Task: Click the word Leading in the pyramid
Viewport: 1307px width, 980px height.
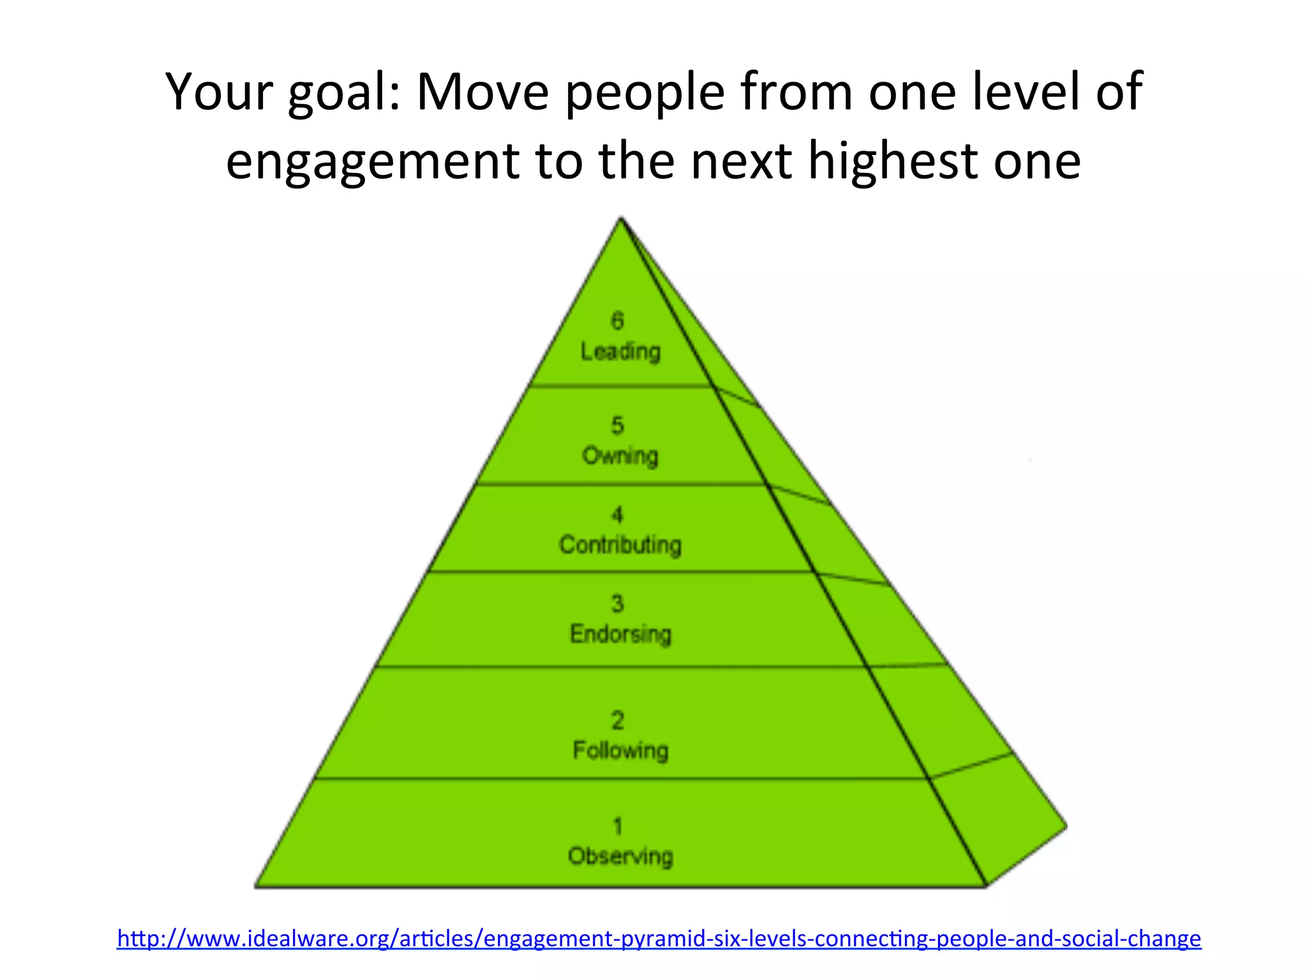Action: [620, 352]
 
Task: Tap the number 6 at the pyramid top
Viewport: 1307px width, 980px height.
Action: [617, 320]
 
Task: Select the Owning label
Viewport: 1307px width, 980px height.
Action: [620, 456]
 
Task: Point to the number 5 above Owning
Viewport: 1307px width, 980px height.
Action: [617, 426]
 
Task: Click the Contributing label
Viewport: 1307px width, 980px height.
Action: [620, 546]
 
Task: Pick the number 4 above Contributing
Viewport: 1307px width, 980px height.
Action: [617, 514]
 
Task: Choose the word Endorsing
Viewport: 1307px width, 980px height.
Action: [620, 634]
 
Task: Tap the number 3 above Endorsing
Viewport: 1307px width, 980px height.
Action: [617, 604]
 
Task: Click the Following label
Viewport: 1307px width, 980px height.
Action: [620, 750]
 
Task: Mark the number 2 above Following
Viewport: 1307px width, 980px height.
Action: [617, 720]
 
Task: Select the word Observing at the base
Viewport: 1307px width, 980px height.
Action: [620, 856]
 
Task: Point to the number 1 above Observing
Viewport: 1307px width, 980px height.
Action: [617, 826]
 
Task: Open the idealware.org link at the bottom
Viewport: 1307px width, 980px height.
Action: [659, 939]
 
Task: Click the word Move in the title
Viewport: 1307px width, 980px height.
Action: [482, 93]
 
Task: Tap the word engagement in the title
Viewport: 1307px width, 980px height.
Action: [372, 161]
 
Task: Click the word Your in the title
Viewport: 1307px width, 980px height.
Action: [218, 93]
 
